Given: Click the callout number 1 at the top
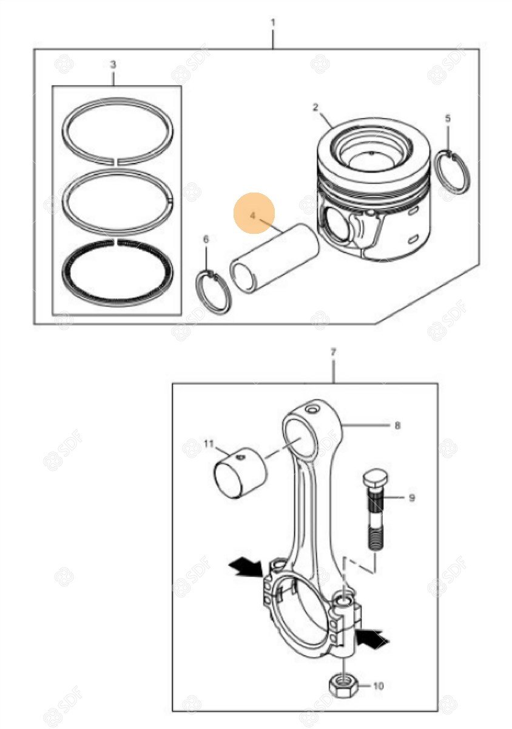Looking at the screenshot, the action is (x=273, y=23).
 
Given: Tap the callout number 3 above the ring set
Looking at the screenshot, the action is (x=112, y=65).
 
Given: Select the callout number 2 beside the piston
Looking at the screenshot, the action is (x=315, y=107).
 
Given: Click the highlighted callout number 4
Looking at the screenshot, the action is (x=253, y=216).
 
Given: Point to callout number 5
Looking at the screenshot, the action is (x=448, y=118).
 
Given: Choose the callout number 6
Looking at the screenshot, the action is (x=206, y=239).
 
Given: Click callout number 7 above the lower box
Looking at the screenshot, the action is (x=334, y=352).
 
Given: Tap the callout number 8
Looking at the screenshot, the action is (x=397, y=425).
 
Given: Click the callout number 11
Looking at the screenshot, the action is (x=209, y=443).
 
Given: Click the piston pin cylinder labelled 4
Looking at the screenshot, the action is (x=275, y=257).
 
